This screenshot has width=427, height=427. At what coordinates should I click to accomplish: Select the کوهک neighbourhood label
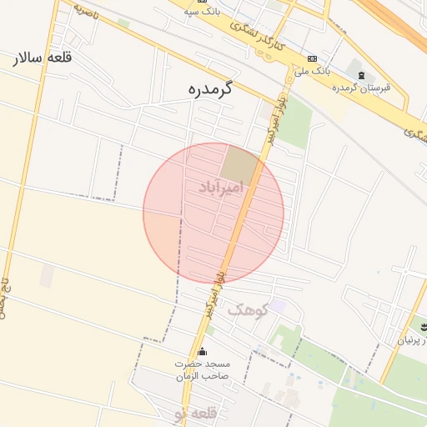point(248,309)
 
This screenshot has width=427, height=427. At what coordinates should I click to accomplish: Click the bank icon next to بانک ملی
point(312,59)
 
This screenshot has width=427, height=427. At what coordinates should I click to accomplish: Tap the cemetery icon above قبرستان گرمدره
point(360,76)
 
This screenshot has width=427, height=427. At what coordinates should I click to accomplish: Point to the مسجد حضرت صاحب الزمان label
point(202,370)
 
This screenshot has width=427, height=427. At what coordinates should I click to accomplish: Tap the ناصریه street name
point(85,12)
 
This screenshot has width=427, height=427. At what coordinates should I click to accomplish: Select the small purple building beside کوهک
point(278,307)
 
